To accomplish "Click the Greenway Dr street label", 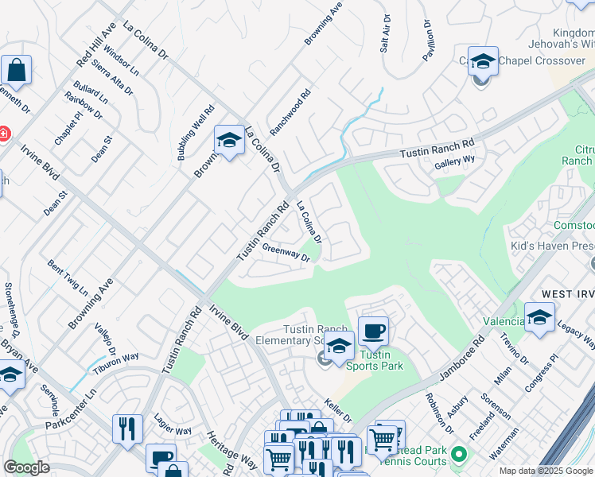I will point(286,252).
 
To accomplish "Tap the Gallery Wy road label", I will point(454,163).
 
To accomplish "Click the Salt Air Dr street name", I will point(386,33).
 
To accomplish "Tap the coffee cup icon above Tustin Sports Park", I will point(372,331).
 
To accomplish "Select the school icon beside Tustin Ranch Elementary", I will point(339,348).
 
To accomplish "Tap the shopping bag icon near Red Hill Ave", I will point(16,70).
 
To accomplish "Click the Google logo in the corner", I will point(26,467).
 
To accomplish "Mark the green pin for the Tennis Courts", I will point(457,456).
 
